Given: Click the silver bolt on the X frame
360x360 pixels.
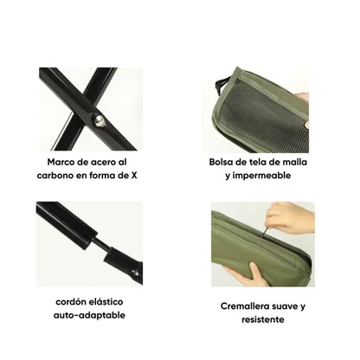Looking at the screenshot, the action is coord(99,121).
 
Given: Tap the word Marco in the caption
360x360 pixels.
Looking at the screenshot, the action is coord(61,162).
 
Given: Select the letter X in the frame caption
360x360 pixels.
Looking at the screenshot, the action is coord(134,175).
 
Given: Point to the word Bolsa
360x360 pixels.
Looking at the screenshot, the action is coord(221,162).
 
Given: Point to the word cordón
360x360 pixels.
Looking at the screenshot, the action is coord(69,302).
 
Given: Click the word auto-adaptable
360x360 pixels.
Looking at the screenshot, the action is coord(89,315).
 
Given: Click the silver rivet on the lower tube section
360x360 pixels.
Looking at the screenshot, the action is coord(133,272).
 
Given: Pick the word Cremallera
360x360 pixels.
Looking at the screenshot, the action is coord(246,306).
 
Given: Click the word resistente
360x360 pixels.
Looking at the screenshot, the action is coord(263,319).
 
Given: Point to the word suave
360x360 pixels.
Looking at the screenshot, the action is coord(286,306).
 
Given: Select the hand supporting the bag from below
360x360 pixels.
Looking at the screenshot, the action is coord(245,274).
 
